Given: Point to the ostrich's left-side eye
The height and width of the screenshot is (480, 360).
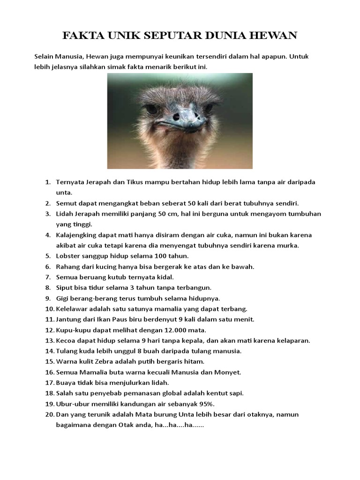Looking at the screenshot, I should (151, 109).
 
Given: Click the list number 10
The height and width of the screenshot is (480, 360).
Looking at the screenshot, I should (50, 309).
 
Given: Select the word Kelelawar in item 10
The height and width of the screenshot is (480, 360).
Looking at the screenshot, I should (73, 309).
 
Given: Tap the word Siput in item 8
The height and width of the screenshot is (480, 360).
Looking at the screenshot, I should (65, 288).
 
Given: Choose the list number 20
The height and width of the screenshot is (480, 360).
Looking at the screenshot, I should (50, 414).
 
